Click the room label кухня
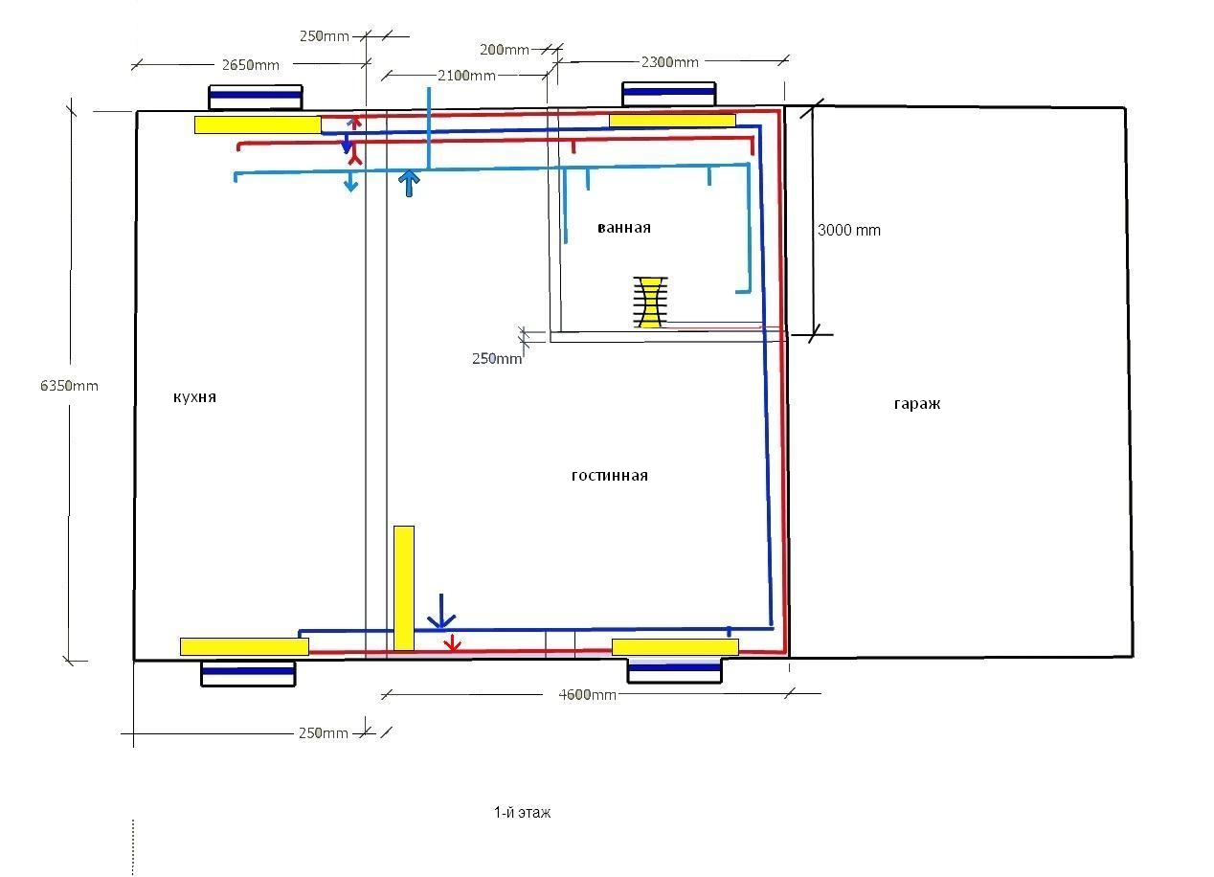194,397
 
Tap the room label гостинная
610,476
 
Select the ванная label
624,228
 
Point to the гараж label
917,404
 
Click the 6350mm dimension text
69,386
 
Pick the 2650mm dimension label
251,65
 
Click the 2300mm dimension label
670,62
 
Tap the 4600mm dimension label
588,695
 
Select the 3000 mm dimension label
849,231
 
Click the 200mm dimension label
504,50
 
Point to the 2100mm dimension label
466,76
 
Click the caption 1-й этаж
523,813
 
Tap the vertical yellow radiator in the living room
404,588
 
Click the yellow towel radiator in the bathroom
650,303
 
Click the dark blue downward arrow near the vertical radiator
441,612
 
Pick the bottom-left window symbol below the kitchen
248,674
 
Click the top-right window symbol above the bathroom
669,95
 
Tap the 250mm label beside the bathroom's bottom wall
497,359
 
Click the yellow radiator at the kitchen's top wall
258,124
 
